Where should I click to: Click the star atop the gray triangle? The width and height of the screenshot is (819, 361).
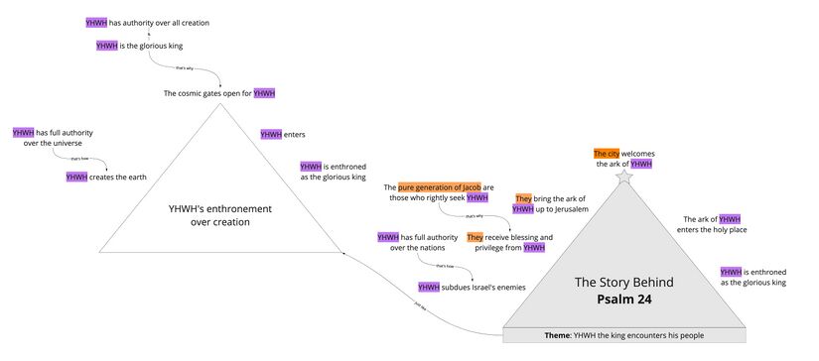point(623,176)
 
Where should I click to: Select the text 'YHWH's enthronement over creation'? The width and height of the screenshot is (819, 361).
point(219,215)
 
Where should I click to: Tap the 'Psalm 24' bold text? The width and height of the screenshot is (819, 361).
point(624,299)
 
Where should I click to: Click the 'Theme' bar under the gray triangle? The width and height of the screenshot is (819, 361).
point(624,335)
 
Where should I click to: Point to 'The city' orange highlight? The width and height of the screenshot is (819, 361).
point(606,154)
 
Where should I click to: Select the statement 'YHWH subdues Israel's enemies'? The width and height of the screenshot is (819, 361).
point(472,288)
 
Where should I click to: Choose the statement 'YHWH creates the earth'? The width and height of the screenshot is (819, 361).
point(106,177)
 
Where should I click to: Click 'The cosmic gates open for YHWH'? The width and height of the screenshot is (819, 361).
point(218,93)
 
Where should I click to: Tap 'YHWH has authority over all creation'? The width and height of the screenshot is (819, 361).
point(148,22)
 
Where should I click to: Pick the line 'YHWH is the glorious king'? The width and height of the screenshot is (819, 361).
point(139,46)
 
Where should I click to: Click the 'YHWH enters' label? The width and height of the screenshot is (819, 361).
point(283,134)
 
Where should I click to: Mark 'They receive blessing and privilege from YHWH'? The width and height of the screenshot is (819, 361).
point(509,242)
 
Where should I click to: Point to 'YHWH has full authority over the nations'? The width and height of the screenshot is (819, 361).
point(417,242)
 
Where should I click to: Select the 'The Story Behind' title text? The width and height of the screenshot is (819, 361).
point(624,283)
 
